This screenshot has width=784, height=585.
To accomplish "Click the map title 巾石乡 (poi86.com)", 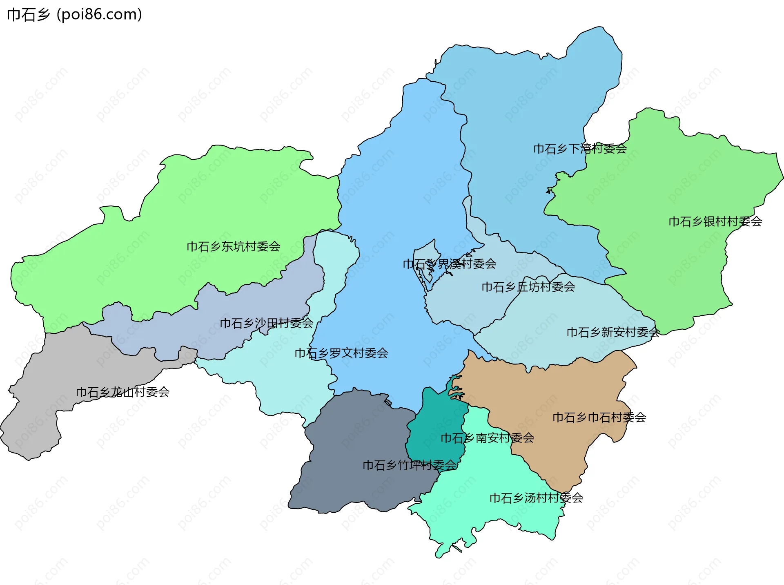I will tap(74, 15).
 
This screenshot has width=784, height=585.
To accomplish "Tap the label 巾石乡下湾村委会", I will tap(580, 149).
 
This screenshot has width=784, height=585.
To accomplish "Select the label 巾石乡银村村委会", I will tap(715, 222).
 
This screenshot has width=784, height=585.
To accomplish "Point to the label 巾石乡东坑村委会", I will tap(233, 247).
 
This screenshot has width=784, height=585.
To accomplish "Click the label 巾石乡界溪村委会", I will tap(449, 264).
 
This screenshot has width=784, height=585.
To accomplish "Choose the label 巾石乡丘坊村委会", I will tap(528, 287).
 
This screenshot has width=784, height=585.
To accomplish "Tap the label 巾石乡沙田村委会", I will tap(266, 324).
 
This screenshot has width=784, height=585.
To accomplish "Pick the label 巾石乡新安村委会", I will tap(613, 333).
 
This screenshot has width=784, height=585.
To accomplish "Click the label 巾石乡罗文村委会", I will tap(341, 353).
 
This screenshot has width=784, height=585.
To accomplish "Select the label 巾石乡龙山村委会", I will tap(122, 393).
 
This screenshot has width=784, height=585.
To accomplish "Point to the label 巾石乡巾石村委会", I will tap(599, 418).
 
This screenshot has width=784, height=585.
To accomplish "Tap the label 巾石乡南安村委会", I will tap(487, 438).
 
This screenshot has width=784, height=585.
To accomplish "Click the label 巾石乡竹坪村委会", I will tap(409, 465).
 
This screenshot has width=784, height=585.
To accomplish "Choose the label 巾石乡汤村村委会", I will tap(536, 498).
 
